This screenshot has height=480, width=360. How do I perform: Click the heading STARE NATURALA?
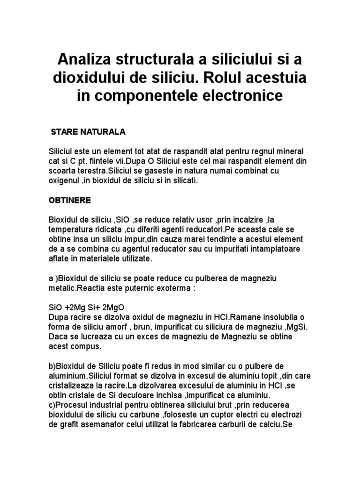click(x=88, y=132)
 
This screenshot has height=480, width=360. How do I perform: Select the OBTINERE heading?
click(x=70, y=200)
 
